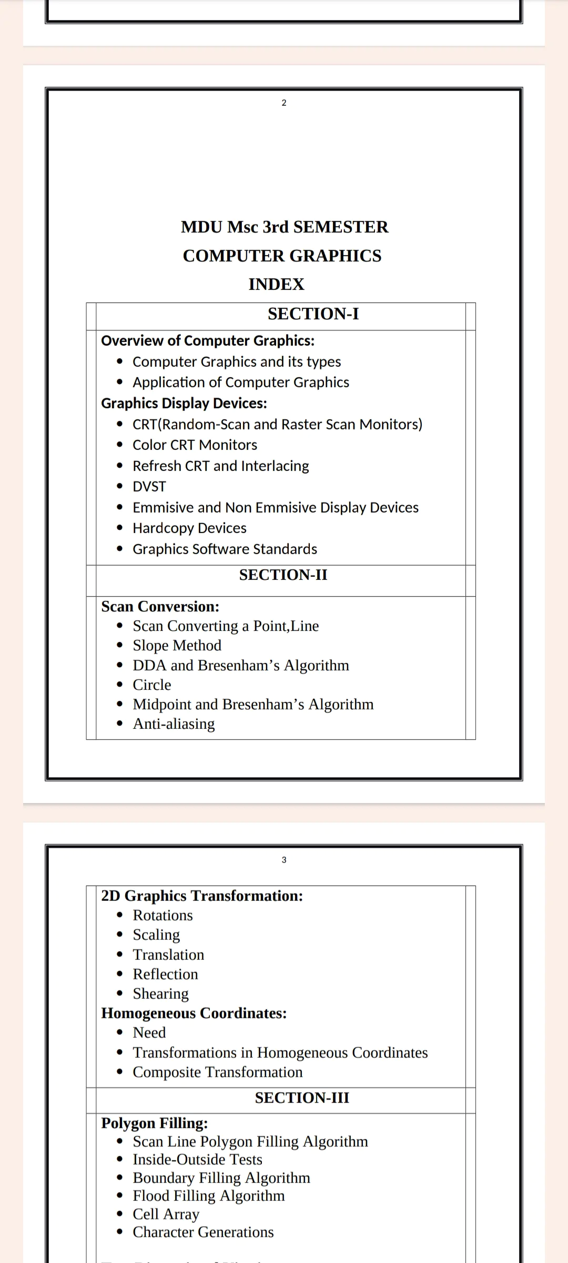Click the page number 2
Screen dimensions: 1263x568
coord(284,103)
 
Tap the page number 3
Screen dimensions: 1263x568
coord(284,860)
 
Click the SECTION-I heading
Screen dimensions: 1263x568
coord(313,314)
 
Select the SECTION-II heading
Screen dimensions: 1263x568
coord(283,575)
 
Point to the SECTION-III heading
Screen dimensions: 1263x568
coord(302,1098)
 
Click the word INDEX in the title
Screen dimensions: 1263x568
coord(276,284)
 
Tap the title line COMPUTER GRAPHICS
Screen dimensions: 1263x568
coord(282,256)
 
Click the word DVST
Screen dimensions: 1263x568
coord(149,487)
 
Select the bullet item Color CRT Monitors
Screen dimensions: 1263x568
coord(195,445)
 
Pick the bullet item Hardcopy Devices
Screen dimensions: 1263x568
coord(189,528)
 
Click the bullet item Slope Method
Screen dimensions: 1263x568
coord(177,646)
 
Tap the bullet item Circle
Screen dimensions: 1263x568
coord(152,685)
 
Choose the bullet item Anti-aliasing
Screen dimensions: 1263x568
coord(174,724)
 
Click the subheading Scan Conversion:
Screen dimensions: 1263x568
coord(160,607)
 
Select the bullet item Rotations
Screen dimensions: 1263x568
coord(163,916)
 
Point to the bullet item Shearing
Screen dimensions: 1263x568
coord(160,994)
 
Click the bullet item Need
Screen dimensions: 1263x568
coord(149,1033)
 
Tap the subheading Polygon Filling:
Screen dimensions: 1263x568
coord(154,1123)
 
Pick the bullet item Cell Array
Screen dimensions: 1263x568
coord(166,1214)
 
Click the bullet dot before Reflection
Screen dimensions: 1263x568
coord(120,975)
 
